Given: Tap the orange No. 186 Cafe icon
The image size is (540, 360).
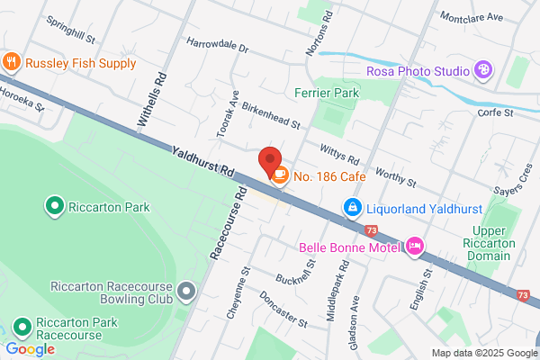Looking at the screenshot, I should point(280,175).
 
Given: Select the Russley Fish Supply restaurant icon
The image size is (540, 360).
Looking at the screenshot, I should point(12,63).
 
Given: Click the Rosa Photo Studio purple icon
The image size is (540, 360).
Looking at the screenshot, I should point(483,69).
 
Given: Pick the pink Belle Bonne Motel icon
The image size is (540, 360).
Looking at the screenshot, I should point(415,244).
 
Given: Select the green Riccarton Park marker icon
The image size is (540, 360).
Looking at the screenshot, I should point(53,207).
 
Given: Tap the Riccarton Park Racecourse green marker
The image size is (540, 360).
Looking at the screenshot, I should point(22,326).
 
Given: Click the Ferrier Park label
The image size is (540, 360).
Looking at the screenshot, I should point(327,93).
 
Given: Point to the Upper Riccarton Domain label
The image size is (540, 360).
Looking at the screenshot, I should point(494,243).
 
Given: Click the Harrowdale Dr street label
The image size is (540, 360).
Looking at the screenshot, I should point(217,43).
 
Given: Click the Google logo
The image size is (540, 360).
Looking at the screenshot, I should point(30,349).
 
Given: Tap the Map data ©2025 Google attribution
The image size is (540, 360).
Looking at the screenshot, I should point(482,353).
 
